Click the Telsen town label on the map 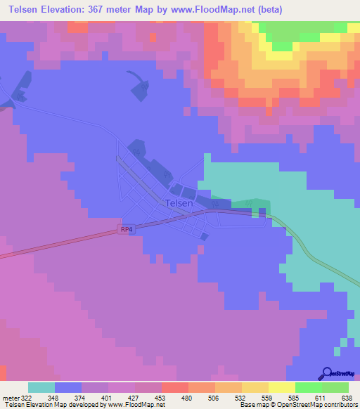(x=179, y=203)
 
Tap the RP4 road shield (x=126, y=228)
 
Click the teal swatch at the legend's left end (x=41, y=387)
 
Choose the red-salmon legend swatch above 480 (x=174, y=387)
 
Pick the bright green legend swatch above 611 (x=308, y=387)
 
